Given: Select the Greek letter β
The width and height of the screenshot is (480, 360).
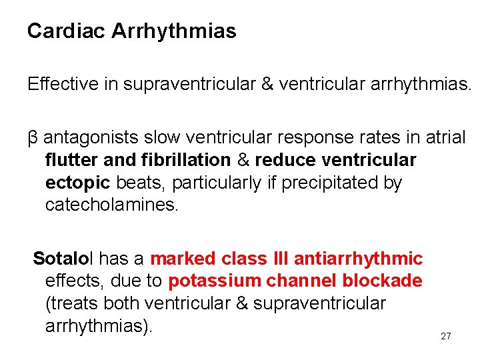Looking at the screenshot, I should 33,139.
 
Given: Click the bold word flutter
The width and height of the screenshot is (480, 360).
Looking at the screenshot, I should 69,161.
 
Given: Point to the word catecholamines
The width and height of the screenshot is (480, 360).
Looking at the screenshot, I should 111,205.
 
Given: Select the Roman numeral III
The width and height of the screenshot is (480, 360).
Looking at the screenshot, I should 279,259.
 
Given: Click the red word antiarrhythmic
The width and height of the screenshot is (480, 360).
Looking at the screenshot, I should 359,259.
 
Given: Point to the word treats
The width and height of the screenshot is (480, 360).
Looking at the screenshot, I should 71,304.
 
